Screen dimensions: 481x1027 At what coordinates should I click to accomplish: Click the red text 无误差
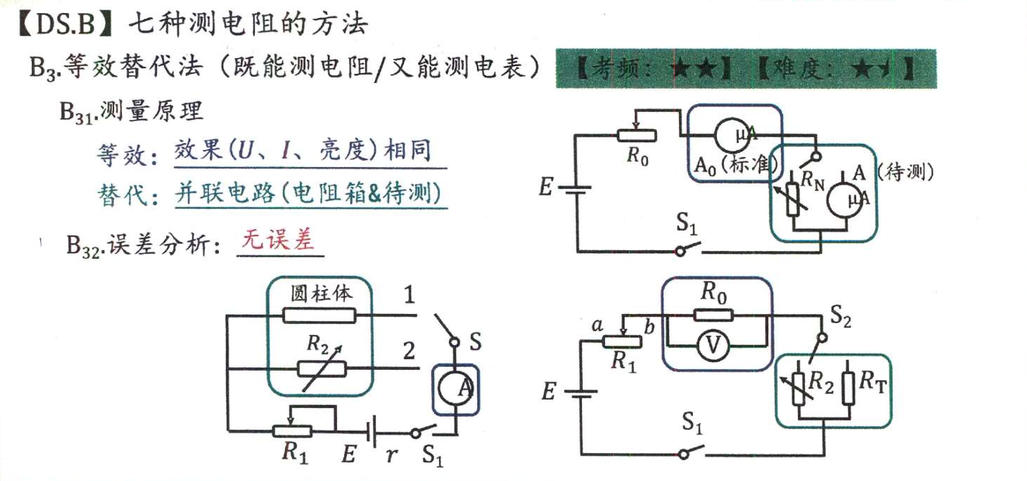pyautogui.click(x=279, y=240)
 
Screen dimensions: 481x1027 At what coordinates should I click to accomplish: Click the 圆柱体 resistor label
pyautogui.click(x=321, y=294)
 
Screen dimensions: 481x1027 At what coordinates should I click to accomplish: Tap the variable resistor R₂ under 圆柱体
pyautogui.click(x=321, y=367)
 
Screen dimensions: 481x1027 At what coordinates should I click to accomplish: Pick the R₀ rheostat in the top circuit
pyautogui.click(x=637, y=135)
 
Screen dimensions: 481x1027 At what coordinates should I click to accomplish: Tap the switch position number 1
pyautogui.click(x=409, y=295)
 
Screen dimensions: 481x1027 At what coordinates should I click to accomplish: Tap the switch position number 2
pyautogui.click(x=409, y=351)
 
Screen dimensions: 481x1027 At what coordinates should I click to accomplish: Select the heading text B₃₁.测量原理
pyautogui.click(x=131, y=111)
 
